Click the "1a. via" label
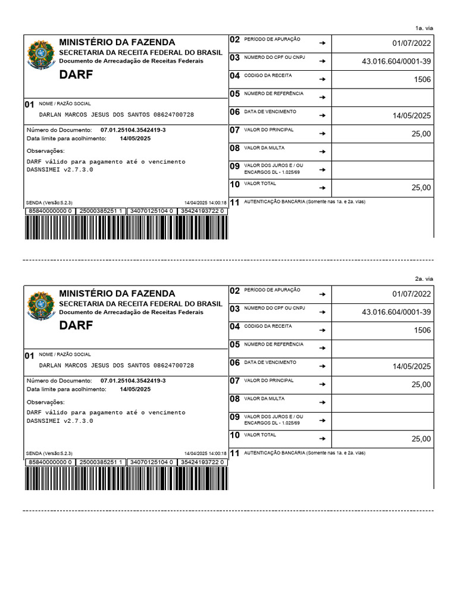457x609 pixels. point(424,28)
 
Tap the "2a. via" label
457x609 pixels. point(424,279)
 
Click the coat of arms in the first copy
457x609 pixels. point(40,55)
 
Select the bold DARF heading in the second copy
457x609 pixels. point(76,325)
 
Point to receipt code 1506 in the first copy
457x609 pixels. point(422,80)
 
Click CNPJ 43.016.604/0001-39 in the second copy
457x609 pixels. point(396,312)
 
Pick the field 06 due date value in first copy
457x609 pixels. point(412,116)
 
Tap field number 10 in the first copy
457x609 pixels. point(234,184)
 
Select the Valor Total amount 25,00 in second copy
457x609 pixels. point(421,439)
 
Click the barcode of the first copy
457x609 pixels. point(126,227)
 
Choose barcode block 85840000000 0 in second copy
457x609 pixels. point(50,462)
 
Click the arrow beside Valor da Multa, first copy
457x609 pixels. point(322,152)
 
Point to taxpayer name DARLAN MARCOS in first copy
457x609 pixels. point(116,114)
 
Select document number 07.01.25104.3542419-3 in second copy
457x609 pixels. point(133,381)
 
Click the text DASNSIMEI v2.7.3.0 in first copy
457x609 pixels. point(60,169)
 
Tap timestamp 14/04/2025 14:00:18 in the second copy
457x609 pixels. point(205,453)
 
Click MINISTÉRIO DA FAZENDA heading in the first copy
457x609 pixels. point(117,42)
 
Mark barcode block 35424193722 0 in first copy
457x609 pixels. point(202,211)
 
